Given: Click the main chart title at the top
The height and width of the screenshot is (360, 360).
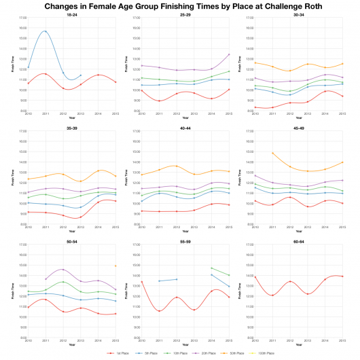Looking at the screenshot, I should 179,6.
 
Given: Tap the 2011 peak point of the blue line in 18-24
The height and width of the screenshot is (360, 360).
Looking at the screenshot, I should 46,31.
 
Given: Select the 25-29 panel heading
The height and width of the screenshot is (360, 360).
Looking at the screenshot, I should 185,14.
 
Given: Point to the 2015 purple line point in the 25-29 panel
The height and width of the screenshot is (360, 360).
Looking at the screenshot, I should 229,54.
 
